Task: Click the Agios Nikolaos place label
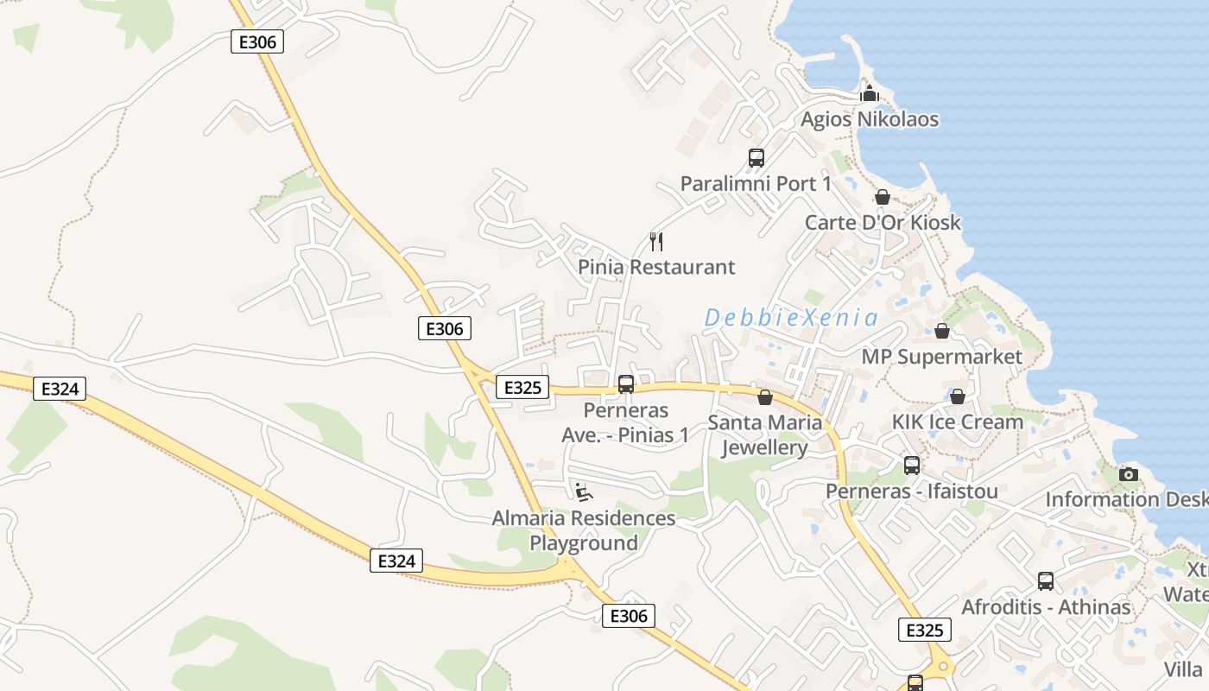869,119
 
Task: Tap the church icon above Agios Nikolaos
869,93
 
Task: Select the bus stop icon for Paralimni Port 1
756,158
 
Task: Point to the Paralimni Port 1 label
756,184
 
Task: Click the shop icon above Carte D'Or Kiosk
882,197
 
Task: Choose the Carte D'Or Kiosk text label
883,222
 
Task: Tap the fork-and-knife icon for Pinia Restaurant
656,241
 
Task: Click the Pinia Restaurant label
656,267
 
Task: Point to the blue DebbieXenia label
791,318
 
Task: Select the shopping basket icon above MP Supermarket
941,331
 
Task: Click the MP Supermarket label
941,357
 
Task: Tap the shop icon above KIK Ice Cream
957,396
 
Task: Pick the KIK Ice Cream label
957,422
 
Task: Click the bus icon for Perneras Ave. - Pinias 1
626,384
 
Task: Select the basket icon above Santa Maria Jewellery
764,397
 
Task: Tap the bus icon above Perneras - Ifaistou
911,466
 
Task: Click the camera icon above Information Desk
1128,474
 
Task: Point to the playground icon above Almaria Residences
584,492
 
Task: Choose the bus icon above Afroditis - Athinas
1045,581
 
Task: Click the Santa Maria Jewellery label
764,435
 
